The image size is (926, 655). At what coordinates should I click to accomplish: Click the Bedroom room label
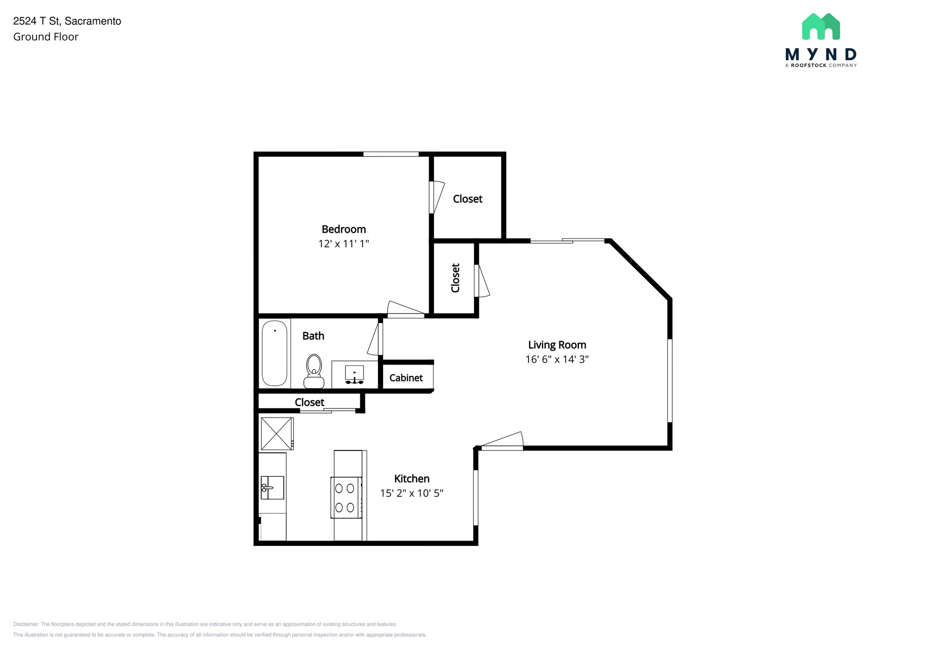(344, 229)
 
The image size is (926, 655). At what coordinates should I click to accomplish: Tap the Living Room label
(557, 345)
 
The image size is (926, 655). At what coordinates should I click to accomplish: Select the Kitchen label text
(411, 479)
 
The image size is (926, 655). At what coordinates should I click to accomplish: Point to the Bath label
(313, 336)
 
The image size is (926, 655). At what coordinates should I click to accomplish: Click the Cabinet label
(406, 378)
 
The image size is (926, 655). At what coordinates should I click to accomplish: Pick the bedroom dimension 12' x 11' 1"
(344, 244)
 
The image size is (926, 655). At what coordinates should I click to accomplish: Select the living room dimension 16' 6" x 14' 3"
(557, 360)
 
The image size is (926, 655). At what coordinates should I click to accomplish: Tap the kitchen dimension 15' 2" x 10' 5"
(411, 493)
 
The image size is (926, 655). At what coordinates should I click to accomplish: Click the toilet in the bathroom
(314, 371)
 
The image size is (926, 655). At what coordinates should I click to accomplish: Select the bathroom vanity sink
(354, 375)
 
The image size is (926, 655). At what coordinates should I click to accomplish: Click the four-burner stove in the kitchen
(347, 497)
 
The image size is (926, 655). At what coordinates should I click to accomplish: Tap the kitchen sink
(272, 488)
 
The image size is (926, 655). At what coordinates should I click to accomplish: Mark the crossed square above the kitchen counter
(277, 433)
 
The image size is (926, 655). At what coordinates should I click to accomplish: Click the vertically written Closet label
(455, 278)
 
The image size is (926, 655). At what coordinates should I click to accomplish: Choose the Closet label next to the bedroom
(468, 199)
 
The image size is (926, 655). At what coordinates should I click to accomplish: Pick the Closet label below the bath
(309, 402)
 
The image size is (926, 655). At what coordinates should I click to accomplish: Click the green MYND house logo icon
(821, 26)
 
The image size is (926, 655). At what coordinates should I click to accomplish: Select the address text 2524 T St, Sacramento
(67, 21)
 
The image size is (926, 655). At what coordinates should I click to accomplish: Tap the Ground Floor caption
(46, 37)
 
